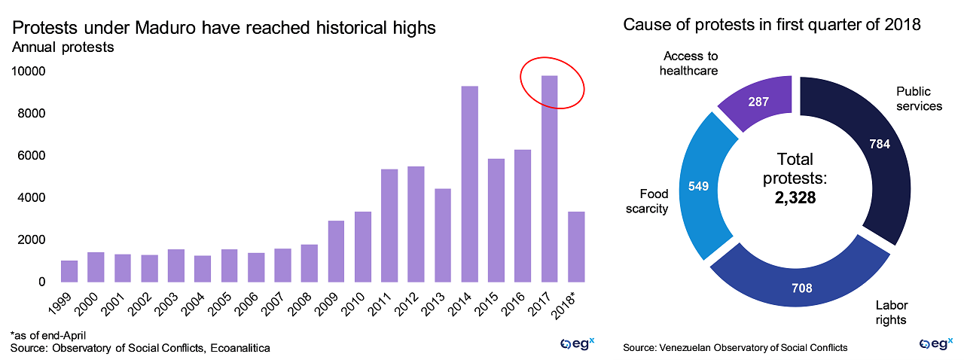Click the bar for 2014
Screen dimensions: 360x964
(x=469, y=184)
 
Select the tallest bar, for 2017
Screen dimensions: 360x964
(x=549, y=178)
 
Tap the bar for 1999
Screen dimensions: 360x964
(x=69, y=271)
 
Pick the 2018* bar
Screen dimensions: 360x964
(x=576, y=246)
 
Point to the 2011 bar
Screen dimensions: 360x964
(x=389, y=225)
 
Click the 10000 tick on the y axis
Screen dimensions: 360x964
(x=26, y=72)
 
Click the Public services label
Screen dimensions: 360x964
(x=919, y=99)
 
